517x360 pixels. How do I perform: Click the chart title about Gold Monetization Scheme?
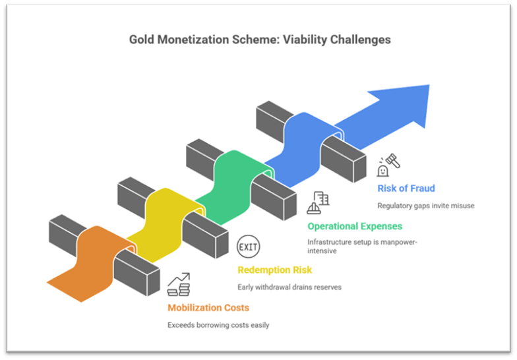point(260,40)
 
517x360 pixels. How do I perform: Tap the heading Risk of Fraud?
point(406,189)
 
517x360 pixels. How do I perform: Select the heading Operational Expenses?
point(354,226)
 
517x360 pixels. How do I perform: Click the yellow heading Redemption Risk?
point(274,270)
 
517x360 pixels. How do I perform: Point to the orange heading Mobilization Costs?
point(208,308)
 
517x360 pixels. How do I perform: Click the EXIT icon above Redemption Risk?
point(249,247)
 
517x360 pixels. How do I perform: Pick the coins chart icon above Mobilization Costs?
point(178,285)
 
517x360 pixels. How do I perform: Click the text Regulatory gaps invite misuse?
point(425,205)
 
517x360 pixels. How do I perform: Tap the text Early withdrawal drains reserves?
point(289,287)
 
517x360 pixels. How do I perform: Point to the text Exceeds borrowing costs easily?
point(218,325)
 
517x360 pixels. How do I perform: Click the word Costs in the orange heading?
point(235,308)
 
